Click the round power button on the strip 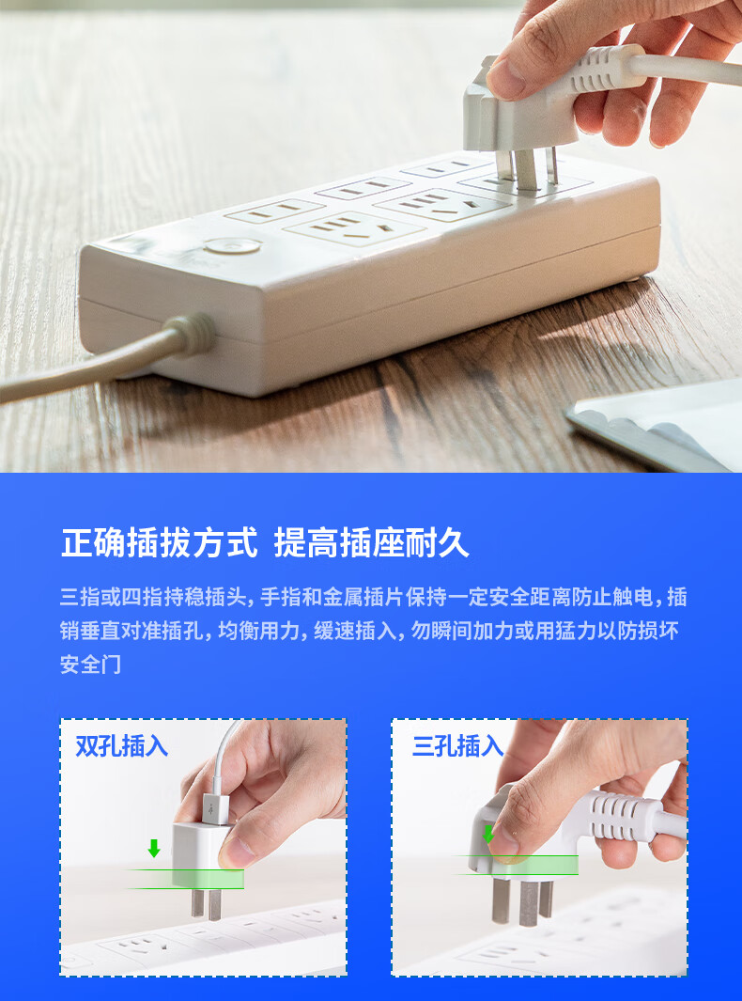click(x=233, y=245)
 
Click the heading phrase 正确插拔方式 click(x=160, y=543)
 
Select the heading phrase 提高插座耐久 click(x=371, y=543)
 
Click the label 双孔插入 click(x=121, y=745)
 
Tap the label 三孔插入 click(x=457, y=745)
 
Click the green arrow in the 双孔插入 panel click(x=154, y=848)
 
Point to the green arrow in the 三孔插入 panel click(x=488, y=834)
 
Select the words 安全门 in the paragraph click(x=90, y=665)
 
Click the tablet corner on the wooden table click(x=654, y=424)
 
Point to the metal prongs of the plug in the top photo click(x=527, y=168)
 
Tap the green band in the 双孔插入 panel click(x=186, y=879)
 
